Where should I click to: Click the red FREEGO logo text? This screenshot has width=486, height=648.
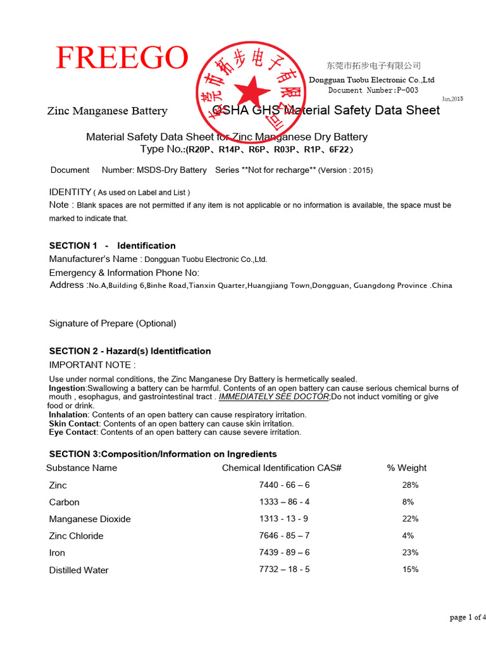[x=122, y=58]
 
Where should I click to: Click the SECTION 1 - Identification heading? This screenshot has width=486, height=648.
[x=112, y=246]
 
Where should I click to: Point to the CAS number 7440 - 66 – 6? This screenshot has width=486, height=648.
[x=284, y=485]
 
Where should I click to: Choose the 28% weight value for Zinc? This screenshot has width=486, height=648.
[x=409, y=485]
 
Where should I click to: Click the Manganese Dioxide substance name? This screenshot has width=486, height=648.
[x=90, y=519]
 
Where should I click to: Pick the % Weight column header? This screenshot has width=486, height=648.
[x=406, y=468]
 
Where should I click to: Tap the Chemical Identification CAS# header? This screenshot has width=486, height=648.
[x=282, y=468]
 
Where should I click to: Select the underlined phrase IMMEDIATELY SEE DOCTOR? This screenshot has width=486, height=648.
[x=273, y=397]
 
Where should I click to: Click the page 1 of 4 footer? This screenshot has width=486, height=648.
[x=468, y=618]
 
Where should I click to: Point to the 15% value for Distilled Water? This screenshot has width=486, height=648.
[x=409, y=570]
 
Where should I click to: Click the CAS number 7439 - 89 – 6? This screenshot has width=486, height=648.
[x=284, y=552]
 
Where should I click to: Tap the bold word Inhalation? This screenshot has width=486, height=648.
[x=68, y=414]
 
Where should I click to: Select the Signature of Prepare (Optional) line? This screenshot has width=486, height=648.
[x=113, y=323]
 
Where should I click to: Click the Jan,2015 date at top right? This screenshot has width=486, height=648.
[x=452, y=99]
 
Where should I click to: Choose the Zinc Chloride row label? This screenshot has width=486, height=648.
[x=76, y=536]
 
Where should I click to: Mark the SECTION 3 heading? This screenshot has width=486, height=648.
[x=163, y=454]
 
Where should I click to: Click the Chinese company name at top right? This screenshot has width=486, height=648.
[x=373, y=66]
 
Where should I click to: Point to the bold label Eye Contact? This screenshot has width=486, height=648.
[x=72, y=432]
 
